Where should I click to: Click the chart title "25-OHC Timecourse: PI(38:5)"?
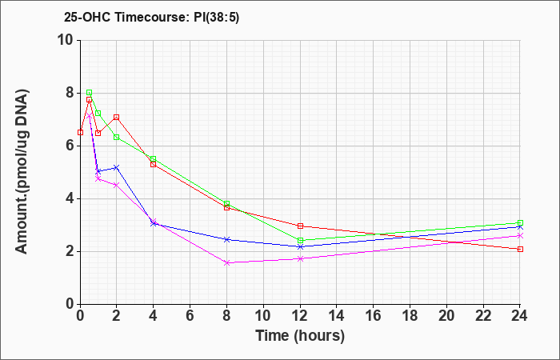coord(151,17)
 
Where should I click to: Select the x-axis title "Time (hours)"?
coord(300,336)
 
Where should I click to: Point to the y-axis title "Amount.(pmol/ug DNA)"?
coord(22,172)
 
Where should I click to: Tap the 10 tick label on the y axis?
coord(69,40)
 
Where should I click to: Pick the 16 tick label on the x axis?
coord(374,316)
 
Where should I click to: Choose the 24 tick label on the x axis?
coord(520,316)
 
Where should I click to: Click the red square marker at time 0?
coord(80,133)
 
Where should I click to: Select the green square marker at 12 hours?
coord(300,240)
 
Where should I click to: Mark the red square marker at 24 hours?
coord(520,249)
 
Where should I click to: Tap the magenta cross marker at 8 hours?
coord(226,263)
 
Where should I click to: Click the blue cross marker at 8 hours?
coord(226,239)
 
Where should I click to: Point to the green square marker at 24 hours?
coord(520,223)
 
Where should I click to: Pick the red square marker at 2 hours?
coord(117,117)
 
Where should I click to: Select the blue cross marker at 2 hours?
coord(117,167)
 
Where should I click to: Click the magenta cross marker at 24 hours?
coord(520,236)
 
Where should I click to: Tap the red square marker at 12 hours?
coord(300,226)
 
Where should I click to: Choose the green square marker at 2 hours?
coord(117,137)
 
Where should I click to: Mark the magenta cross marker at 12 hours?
coord(300,258)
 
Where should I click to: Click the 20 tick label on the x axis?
coord(446,316)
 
